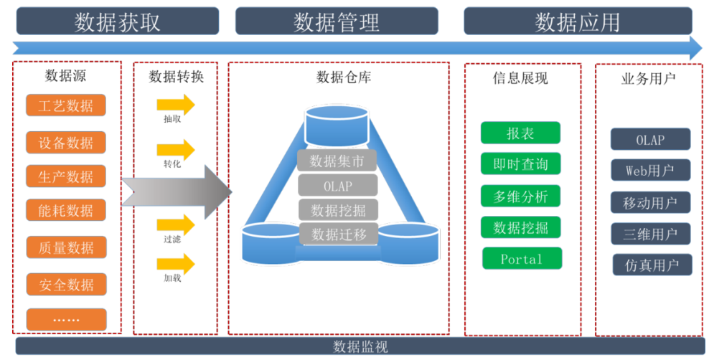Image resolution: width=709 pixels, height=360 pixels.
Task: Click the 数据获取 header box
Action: click(116, 22)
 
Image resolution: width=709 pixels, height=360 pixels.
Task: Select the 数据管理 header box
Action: click(336, 22)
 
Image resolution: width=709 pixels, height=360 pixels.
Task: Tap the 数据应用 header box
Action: click(577, 22)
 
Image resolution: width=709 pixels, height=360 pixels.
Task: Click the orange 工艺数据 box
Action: click(66, 106)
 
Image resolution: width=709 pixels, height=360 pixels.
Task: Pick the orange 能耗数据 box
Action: click(66, 211)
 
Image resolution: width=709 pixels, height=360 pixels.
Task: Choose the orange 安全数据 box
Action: click(66, 285)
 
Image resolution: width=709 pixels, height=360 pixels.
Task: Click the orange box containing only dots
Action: click(66, 319)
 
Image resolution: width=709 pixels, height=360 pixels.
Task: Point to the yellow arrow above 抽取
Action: click(176, 105)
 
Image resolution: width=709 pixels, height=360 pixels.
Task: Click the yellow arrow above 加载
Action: click(176, 264)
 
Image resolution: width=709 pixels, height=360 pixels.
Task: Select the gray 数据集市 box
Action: click(337, 161)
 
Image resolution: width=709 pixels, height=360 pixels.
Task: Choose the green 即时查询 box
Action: click(520, 164)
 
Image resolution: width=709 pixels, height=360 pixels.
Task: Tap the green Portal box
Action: click(521, 259)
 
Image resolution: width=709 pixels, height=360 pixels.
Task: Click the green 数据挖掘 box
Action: click(520, 227)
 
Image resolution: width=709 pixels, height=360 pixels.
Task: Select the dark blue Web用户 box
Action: click(650, 171)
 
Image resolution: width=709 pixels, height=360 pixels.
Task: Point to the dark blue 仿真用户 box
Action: click(652, 265)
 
